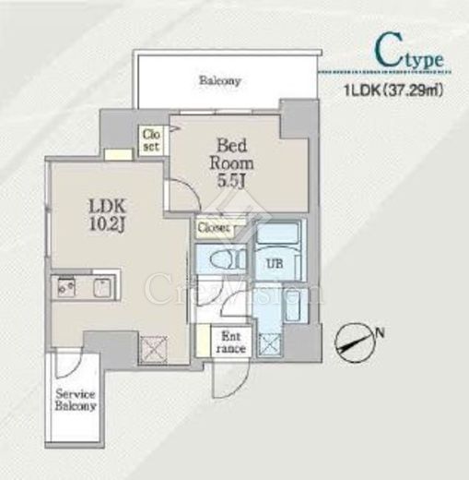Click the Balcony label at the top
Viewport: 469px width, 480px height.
point(219,80)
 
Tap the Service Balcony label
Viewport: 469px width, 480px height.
point(76,400)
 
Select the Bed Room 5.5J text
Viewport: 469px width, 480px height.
point(231,163)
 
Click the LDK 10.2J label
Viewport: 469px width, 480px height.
point(107,215)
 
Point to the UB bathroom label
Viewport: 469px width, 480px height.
point(275,264)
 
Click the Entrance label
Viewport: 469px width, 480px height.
point(230,342)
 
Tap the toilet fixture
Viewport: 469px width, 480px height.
point(229,259)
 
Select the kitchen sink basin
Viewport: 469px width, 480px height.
point(103,288)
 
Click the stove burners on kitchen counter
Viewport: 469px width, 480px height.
point(66,287)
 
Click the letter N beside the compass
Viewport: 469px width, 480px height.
point(381,332)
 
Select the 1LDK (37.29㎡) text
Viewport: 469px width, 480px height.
point(393,91)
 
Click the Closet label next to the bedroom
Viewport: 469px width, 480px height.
point(151,140)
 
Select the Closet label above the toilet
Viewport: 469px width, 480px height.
point(214,228)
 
